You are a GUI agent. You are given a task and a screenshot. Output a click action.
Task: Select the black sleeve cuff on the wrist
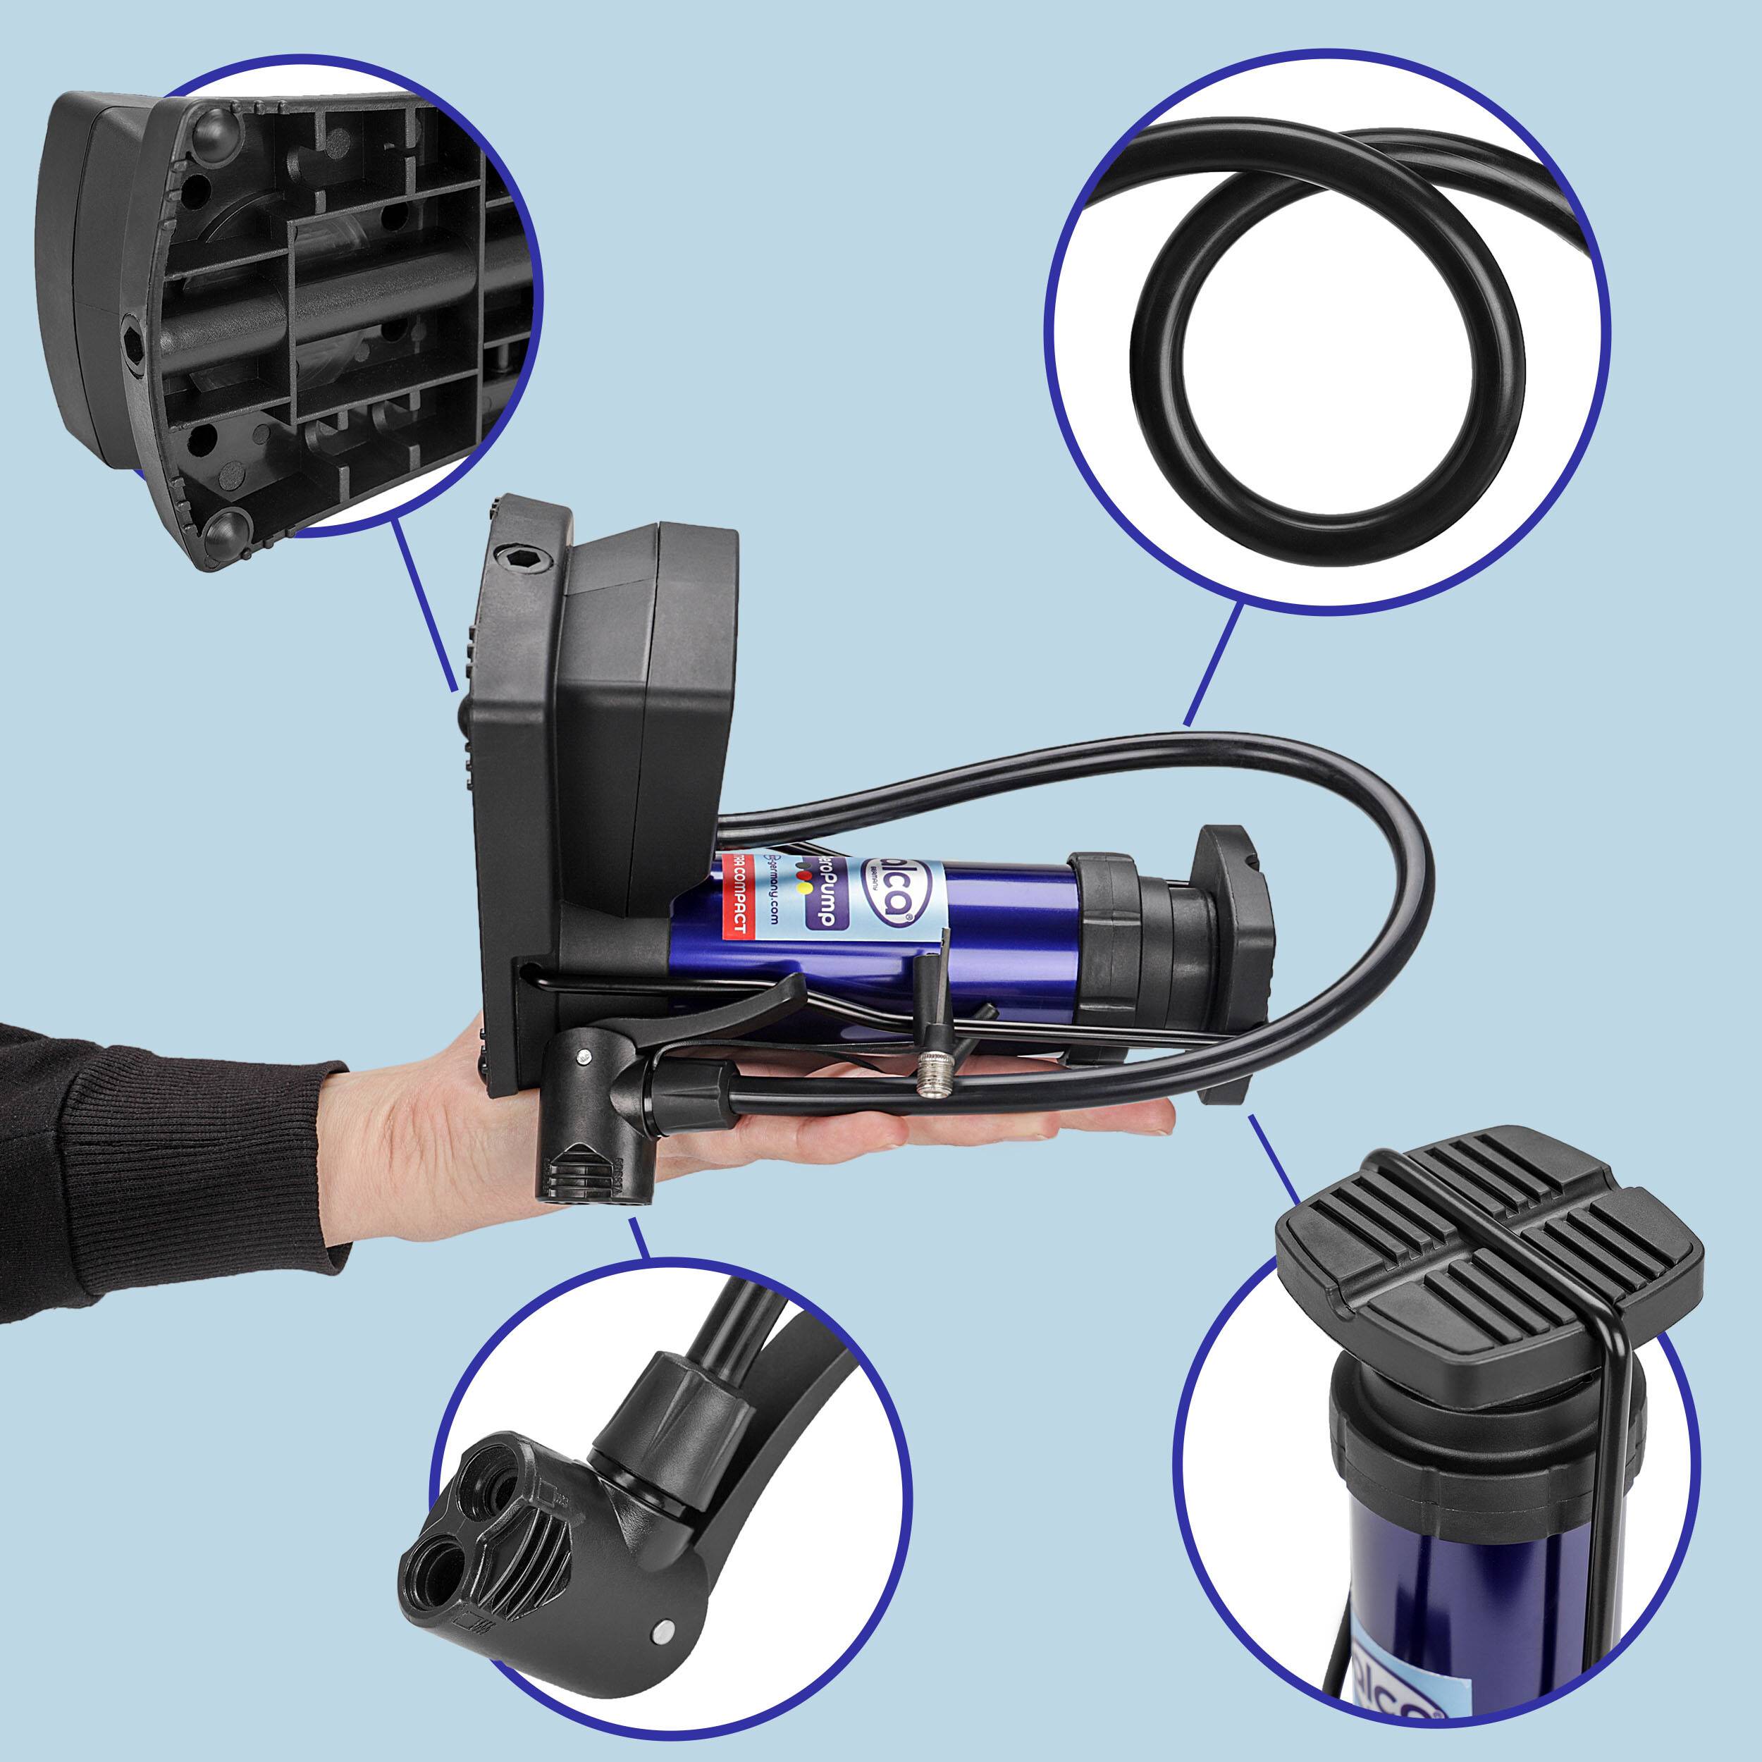coord(292,1158)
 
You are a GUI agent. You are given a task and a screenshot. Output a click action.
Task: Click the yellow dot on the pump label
coord(803,885)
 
